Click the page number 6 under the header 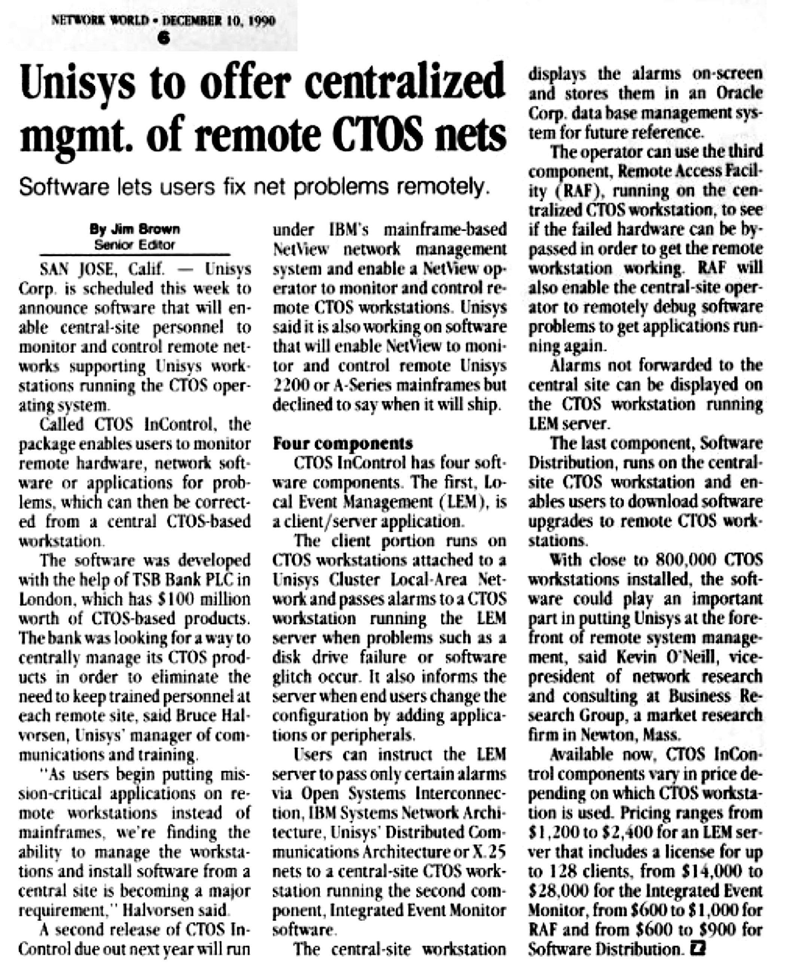pos(165,38)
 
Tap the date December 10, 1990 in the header pos(219,21)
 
